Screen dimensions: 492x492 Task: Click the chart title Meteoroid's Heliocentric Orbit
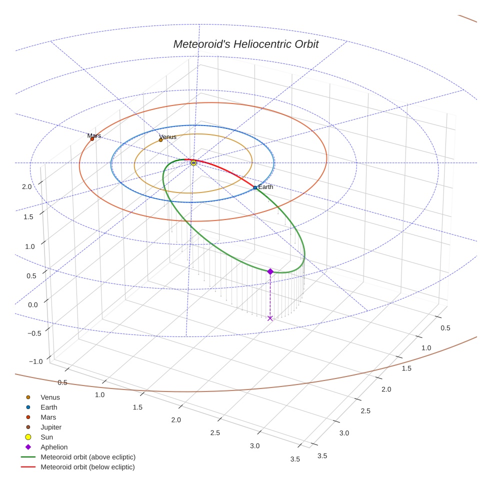(245, 44)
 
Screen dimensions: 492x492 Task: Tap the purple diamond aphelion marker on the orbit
(270, 271)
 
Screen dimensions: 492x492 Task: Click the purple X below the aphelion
(270, 318)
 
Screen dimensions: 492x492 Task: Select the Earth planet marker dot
(255, 187)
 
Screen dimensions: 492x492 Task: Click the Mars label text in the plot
(94, 135)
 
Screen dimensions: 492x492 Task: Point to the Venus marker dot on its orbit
(160, 140)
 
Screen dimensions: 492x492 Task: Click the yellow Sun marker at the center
(193, 162)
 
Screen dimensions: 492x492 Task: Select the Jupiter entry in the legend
(51, 427)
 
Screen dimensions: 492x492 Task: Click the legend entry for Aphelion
(54, 447)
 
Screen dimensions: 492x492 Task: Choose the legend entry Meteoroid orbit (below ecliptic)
(87, 467)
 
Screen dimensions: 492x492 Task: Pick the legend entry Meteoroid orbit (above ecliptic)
(88, 457)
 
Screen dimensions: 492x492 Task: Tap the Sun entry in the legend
(46, 437)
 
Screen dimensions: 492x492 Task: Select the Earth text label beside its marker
(265, 187)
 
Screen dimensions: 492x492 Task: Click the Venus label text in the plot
(167, 136)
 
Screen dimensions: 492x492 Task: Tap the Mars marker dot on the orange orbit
(92, 139)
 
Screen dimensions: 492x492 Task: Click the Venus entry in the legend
(50, 397)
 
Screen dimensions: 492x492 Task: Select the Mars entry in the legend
(48, 417)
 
